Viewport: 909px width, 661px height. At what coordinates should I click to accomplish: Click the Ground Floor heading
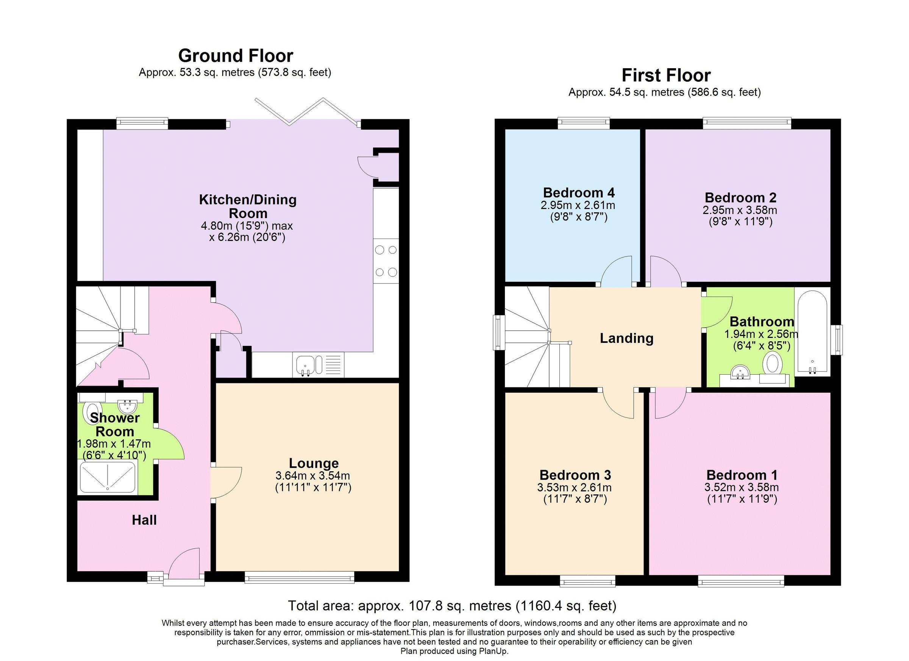[235, 56]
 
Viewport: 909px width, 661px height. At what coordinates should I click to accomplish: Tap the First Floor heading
[666, 75]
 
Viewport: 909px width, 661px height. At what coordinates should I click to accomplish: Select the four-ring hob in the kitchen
[386, 261]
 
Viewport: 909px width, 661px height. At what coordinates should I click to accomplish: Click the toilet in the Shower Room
[89, 413]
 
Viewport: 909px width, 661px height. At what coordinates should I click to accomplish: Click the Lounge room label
[314, 463]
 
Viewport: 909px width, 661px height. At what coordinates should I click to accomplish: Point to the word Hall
[144, 520]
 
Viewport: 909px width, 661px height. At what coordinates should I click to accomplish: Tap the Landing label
[626, 338]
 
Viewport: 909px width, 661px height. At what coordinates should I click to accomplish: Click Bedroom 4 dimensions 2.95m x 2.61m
[578, 206]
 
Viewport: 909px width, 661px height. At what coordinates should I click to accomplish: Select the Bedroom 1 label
[742, 475]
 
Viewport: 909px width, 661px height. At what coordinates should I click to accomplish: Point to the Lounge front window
[299, 577]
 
